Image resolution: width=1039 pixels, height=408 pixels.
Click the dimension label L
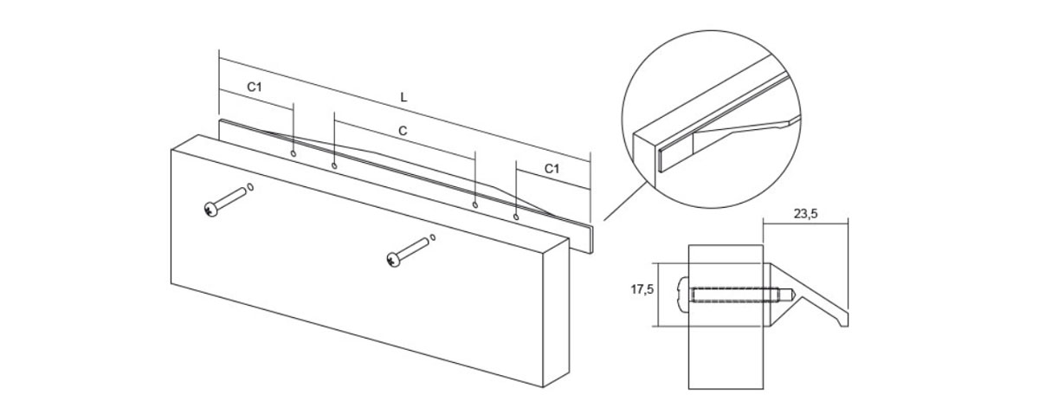(403, 98)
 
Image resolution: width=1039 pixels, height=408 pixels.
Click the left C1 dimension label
(255, 87)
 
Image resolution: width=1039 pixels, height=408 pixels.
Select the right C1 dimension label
(552, 169)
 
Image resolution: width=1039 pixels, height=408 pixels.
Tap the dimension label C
(403, 131)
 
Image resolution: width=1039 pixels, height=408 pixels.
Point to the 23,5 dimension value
(806, 214)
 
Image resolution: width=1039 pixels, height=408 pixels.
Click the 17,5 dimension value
(642, 289)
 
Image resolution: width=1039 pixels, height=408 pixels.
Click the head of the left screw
(210, 210)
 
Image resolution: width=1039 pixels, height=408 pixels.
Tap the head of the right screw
(393, 260)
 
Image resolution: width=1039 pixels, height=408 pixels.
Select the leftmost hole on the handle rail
(294, 153)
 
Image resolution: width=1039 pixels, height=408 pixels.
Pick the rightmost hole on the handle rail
(516, 217)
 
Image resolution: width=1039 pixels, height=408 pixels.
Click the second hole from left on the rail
(334, 165)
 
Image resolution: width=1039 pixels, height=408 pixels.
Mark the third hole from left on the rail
(474, 204)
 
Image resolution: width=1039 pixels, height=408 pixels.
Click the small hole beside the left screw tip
(250, 187)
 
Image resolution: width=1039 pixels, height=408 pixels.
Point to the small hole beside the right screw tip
(433, 237)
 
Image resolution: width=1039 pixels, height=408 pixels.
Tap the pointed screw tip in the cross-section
(791, 295)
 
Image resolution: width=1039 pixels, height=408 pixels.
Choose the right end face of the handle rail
(591, 239)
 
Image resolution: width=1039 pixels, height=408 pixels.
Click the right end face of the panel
(556, 313)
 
